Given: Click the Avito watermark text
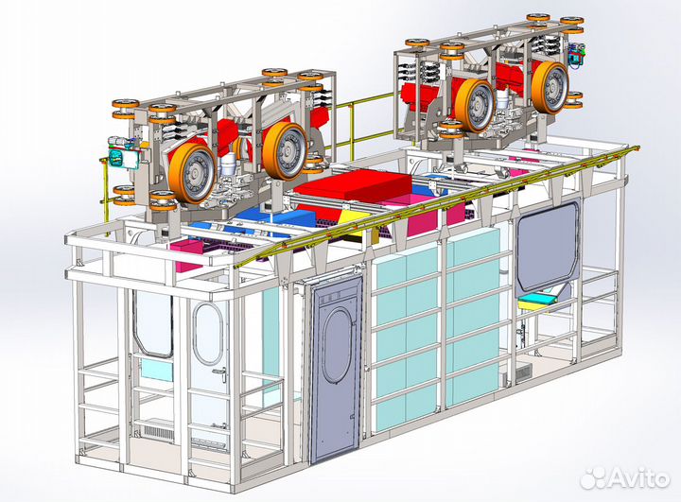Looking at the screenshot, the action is [x=638, y=477].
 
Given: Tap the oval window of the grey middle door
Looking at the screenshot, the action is [x=338, y=345].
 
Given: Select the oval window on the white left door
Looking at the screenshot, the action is [x=208, y=333].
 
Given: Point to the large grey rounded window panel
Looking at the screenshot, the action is [x=548, y=246].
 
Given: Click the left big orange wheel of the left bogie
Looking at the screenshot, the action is [x=191, y=173].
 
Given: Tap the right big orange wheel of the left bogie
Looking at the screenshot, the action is [x=285, y=150].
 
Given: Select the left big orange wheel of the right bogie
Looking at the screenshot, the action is [x=475, y=106].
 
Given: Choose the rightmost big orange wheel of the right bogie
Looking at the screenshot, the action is [x=550, y=88].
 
